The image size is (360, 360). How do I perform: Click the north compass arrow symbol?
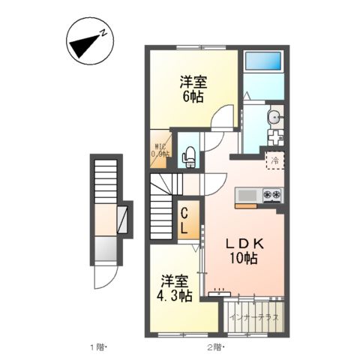85,44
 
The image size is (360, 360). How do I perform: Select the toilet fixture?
189,155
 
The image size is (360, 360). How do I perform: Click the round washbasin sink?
274,115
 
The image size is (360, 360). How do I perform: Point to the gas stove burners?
271,196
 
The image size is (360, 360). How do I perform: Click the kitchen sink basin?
247,196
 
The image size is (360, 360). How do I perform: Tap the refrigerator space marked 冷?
275,160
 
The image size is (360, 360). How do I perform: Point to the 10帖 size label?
243,259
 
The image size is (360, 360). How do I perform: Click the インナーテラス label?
254,318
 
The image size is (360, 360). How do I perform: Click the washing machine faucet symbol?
274,138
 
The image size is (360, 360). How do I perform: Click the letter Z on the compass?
106,34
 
